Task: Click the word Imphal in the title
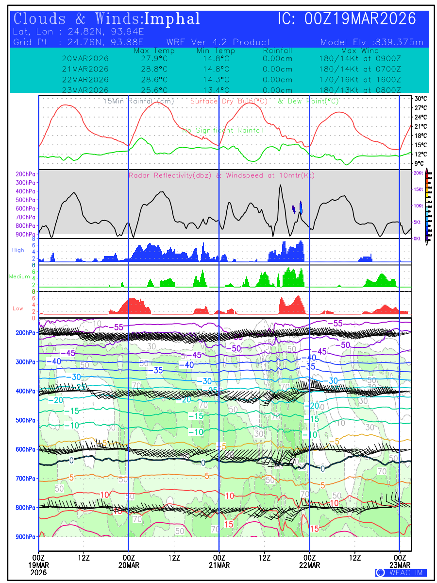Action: [x=172, y=19]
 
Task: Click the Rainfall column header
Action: [x=277, y=51]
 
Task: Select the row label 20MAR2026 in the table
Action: [x=85, y=59]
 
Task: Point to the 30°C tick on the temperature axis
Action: [x=420, y=98]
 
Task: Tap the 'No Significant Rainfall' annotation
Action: [x=223, y=130]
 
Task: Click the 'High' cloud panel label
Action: [x=18, y=250]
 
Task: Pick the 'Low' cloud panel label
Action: [x=18, y=308]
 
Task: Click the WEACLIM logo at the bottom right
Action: [x=401, y=573]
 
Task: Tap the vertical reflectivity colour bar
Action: [x=427, y=204]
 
